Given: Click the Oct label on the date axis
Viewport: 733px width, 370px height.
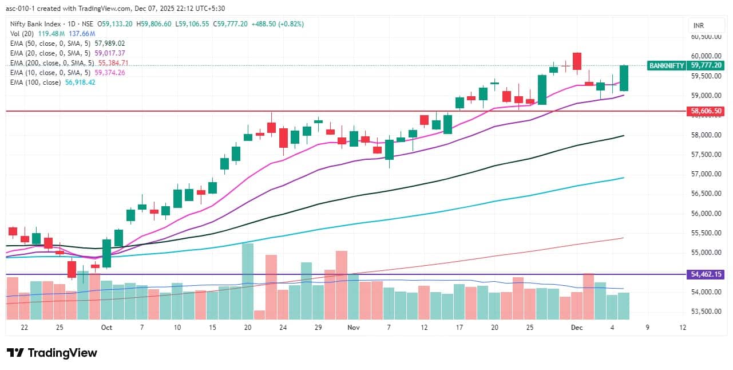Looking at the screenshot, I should click(x=106, y=328).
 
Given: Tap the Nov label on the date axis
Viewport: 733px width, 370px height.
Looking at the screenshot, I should click(x=353, y=328).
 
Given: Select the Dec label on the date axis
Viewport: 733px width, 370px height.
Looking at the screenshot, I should click(x=577, y=328).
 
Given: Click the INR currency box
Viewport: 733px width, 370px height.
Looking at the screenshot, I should click(x=698, y=26).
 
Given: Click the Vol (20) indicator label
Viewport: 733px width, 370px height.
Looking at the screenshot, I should click(x=22, y=34).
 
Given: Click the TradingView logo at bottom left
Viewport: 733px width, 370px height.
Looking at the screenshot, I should click(x=52, y=353).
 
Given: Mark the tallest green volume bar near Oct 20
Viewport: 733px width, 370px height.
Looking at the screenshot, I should click(x=248, y=281).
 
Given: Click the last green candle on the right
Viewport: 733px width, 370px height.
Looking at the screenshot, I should click(x=624, y=78).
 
